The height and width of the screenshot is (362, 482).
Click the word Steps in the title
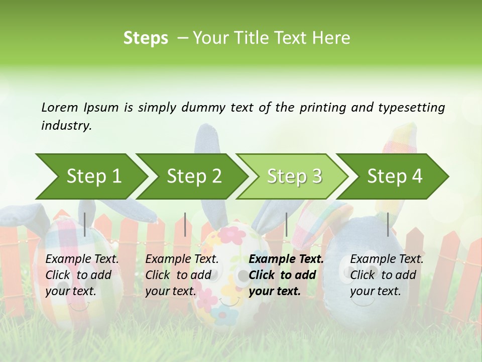tap(146, 38)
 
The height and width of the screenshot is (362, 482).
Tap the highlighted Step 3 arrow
tap(294, 176)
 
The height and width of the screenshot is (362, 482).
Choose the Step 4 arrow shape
tap(395, 176)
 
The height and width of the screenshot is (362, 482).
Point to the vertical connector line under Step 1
tap(85, 224)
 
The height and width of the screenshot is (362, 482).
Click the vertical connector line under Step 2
tap(185, 224)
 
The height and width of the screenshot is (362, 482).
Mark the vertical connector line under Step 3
tap(286, 224)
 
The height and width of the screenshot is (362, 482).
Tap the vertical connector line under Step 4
tap(388, 224)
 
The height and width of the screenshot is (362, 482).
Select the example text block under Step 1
tap(82, 275)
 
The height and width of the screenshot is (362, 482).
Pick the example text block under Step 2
tap(182, 275)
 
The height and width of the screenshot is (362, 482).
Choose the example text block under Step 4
tap(387, 275)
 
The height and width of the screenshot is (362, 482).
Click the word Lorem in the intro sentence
tap(60, 107)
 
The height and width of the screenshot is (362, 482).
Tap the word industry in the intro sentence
tap(66, 125)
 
